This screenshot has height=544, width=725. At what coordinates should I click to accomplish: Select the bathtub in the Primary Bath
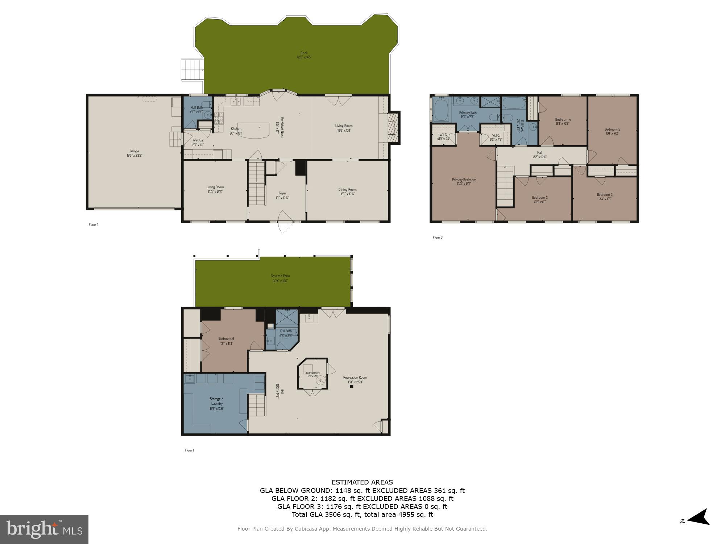441,111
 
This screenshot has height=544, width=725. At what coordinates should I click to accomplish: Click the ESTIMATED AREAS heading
362,482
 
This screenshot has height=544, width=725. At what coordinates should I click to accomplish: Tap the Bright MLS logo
44,529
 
